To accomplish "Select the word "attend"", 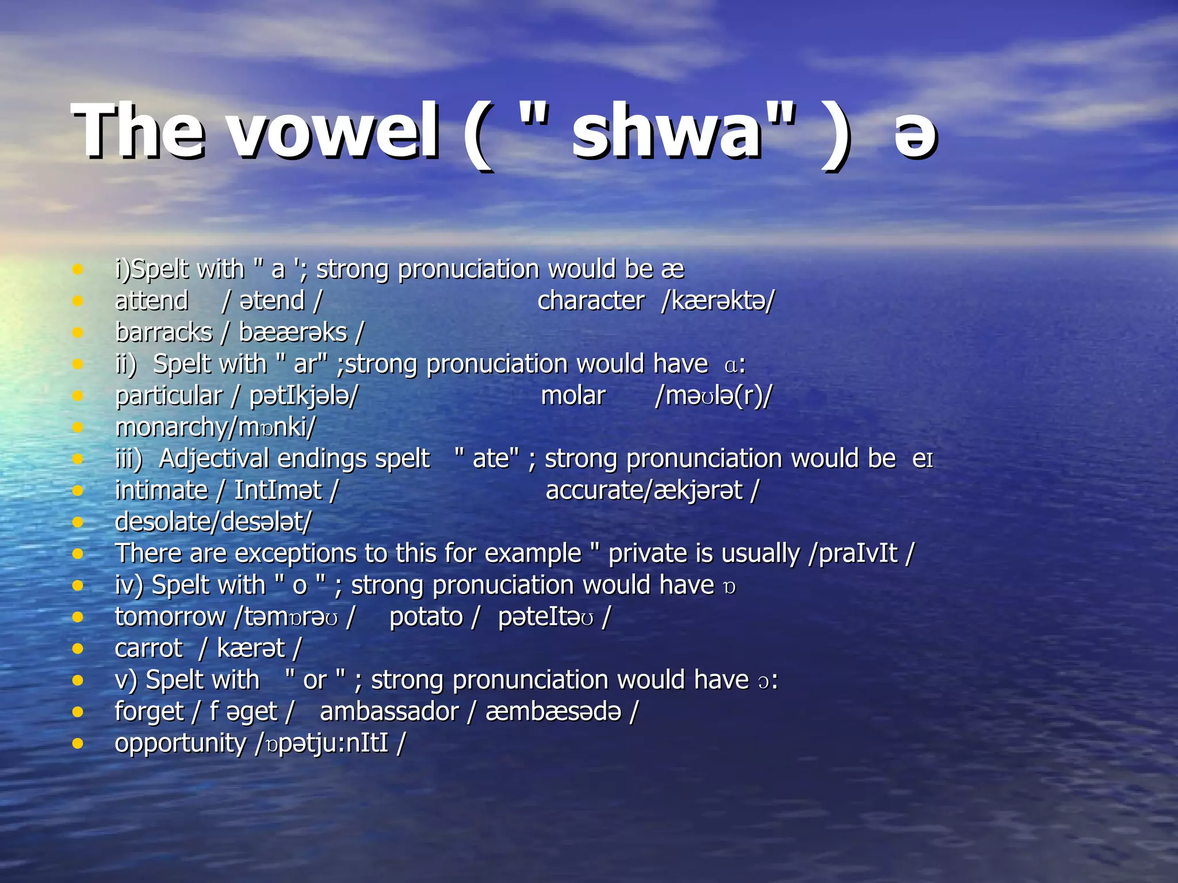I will pos(151,301).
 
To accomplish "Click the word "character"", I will pos(591,301).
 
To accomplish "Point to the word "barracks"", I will pos(163,333).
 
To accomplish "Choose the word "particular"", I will pos(169,396).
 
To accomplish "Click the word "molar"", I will pos(573,396).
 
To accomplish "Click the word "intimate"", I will pos(161,490).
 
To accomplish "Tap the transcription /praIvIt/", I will pos(860,554).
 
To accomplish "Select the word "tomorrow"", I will pos(170,617).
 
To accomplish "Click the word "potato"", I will pos(426,617).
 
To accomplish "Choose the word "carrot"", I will pos(148,648).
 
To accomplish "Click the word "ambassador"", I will pos(389,712).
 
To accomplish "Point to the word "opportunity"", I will pos(181,743).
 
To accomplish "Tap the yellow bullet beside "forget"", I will pos(78,712).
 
